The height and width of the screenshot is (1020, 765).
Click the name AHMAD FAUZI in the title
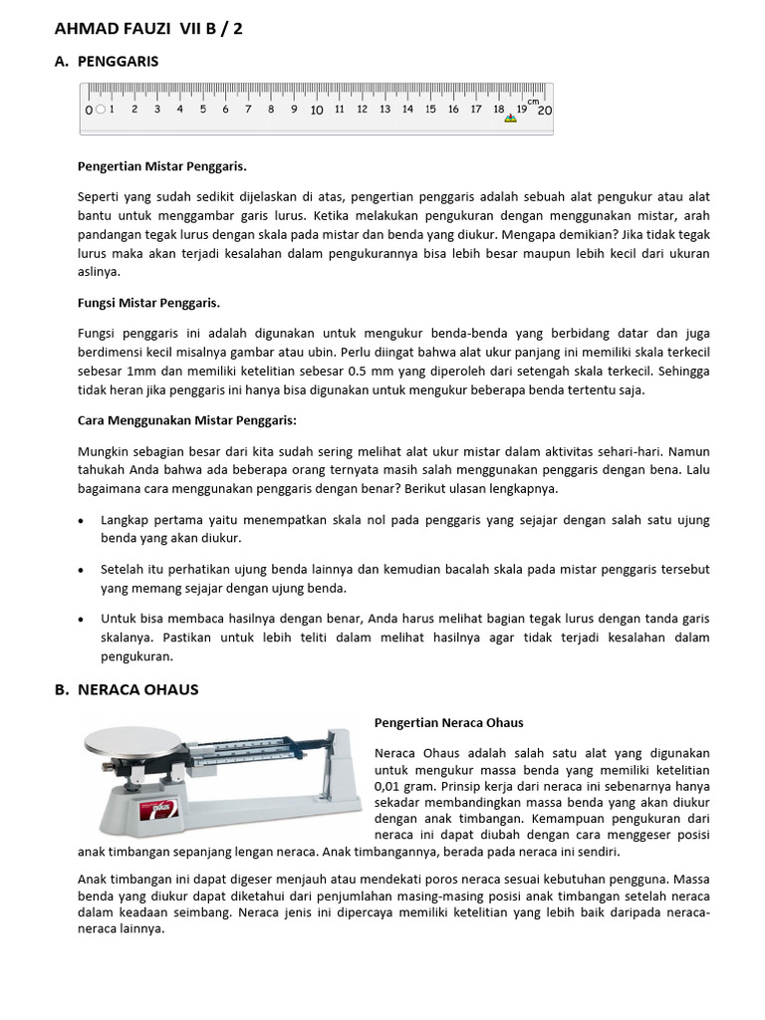click(x=113, y=29)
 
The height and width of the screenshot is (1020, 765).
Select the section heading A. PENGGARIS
click(x=117, y=62)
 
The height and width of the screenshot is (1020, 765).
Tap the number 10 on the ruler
click(x=316, y=110)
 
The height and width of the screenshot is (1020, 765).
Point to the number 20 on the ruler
click(x=544, y=110)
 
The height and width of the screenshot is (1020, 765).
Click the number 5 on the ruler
click(x=202, y=110)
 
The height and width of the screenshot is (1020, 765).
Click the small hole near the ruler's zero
click(x=101, y=110)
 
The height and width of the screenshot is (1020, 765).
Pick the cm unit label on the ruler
click(x=533, y=102)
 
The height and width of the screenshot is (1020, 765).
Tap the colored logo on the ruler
click(x=511, y=119)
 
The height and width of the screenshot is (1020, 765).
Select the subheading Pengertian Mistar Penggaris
click(x=161, y=165)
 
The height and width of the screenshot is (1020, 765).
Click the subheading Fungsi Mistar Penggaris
click(x=148, y=302)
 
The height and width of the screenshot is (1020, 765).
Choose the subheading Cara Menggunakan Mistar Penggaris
click(x=186, y=420)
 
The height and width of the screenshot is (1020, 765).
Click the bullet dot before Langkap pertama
click(x=81, y=521)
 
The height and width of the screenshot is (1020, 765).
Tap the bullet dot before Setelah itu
click(x=81, y=570)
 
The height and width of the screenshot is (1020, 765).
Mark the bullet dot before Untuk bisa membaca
click(x=81, y=619)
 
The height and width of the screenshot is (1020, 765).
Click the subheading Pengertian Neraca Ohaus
click(x=448, y=722)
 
